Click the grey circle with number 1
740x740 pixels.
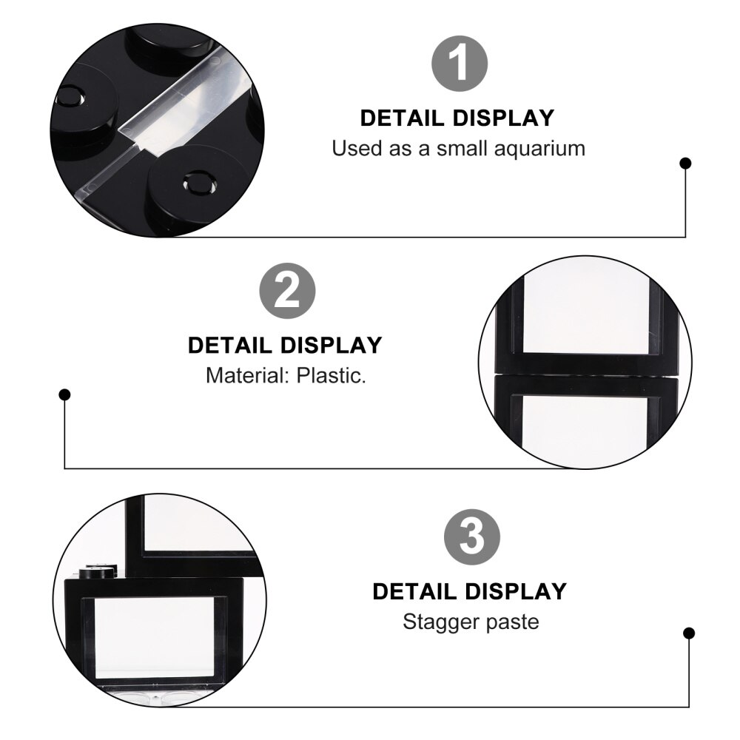click(460, 64)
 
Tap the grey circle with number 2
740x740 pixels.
click(287, 291)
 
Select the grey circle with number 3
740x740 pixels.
click(472, 536)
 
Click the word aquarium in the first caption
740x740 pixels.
click(540, 148)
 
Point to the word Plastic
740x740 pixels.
click(331, 375)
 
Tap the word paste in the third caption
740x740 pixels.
click(512, 622)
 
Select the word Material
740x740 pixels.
click(247, 375)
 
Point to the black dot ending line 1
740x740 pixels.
click(686, 163)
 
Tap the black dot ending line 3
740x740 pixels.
click(689, 633)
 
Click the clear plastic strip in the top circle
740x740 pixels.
click(178, 111)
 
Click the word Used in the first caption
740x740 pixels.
click(353, 148)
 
